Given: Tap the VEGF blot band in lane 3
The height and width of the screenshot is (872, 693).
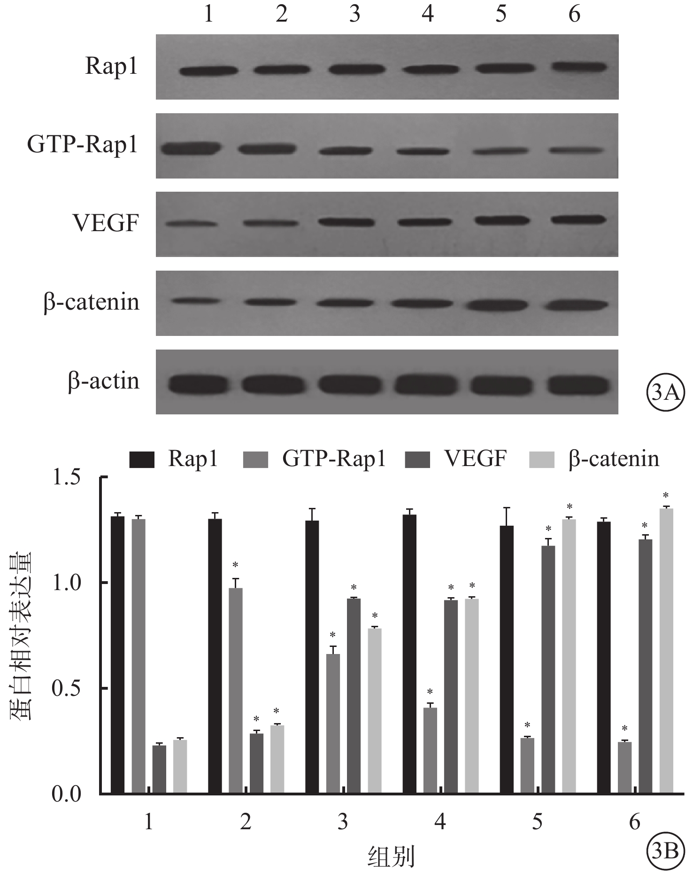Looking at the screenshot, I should click(x=346, y=222).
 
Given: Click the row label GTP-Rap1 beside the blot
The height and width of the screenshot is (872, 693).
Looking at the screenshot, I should click(x=83, y=144).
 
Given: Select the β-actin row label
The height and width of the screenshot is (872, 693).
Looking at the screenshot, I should click(x=104, y=381).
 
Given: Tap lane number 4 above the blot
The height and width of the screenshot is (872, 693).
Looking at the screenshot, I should click(x=427, y=14).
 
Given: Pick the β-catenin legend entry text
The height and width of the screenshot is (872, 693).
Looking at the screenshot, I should click(x=614, y=459).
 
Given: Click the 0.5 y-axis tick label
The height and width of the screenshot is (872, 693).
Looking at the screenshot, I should click(x=66, y=688).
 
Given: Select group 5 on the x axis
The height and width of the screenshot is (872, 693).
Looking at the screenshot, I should click(x=537, y=822).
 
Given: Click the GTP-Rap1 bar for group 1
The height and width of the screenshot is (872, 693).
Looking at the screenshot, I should click(x=139, y=656).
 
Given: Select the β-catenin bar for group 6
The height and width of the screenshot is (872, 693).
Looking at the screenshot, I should click(x=666, y=651).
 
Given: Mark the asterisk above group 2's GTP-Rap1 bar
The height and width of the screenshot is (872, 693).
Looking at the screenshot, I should click(x=235, y=565).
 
